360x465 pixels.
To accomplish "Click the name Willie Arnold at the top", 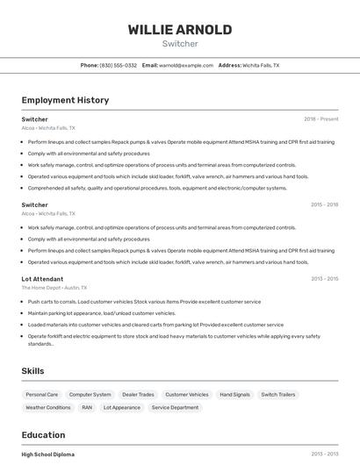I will pos(180,29).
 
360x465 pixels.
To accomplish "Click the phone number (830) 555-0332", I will pos(118,65).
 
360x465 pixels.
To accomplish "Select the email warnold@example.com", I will pos(186,65).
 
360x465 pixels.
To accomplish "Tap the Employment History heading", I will pos(65,100).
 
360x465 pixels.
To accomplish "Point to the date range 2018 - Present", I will pos(320,118).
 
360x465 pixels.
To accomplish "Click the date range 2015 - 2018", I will pos(324,204).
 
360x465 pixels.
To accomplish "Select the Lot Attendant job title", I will pos(42,279).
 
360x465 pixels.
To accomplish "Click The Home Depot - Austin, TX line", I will pos(54,288).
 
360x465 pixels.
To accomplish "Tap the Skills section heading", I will pos(33,371).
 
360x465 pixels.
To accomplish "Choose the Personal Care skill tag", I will pos(42,395).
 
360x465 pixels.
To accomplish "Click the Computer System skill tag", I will pos(90,395).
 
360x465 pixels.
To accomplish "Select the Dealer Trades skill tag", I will pos(138,395).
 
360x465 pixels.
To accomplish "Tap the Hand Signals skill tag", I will pos(234,395).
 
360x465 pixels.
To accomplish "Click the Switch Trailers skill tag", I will pos(277,395).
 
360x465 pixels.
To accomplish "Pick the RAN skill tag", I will pos(87,407).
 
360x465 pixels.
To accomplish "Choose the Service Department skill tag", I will pos(175,407).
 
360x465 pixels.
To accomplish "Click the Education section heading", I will pos(44,434).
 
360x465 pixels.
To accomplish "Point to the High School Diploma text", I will pos(48,454).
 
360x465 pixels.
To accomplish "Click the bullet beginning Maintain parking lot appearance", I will pos(102,313).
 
